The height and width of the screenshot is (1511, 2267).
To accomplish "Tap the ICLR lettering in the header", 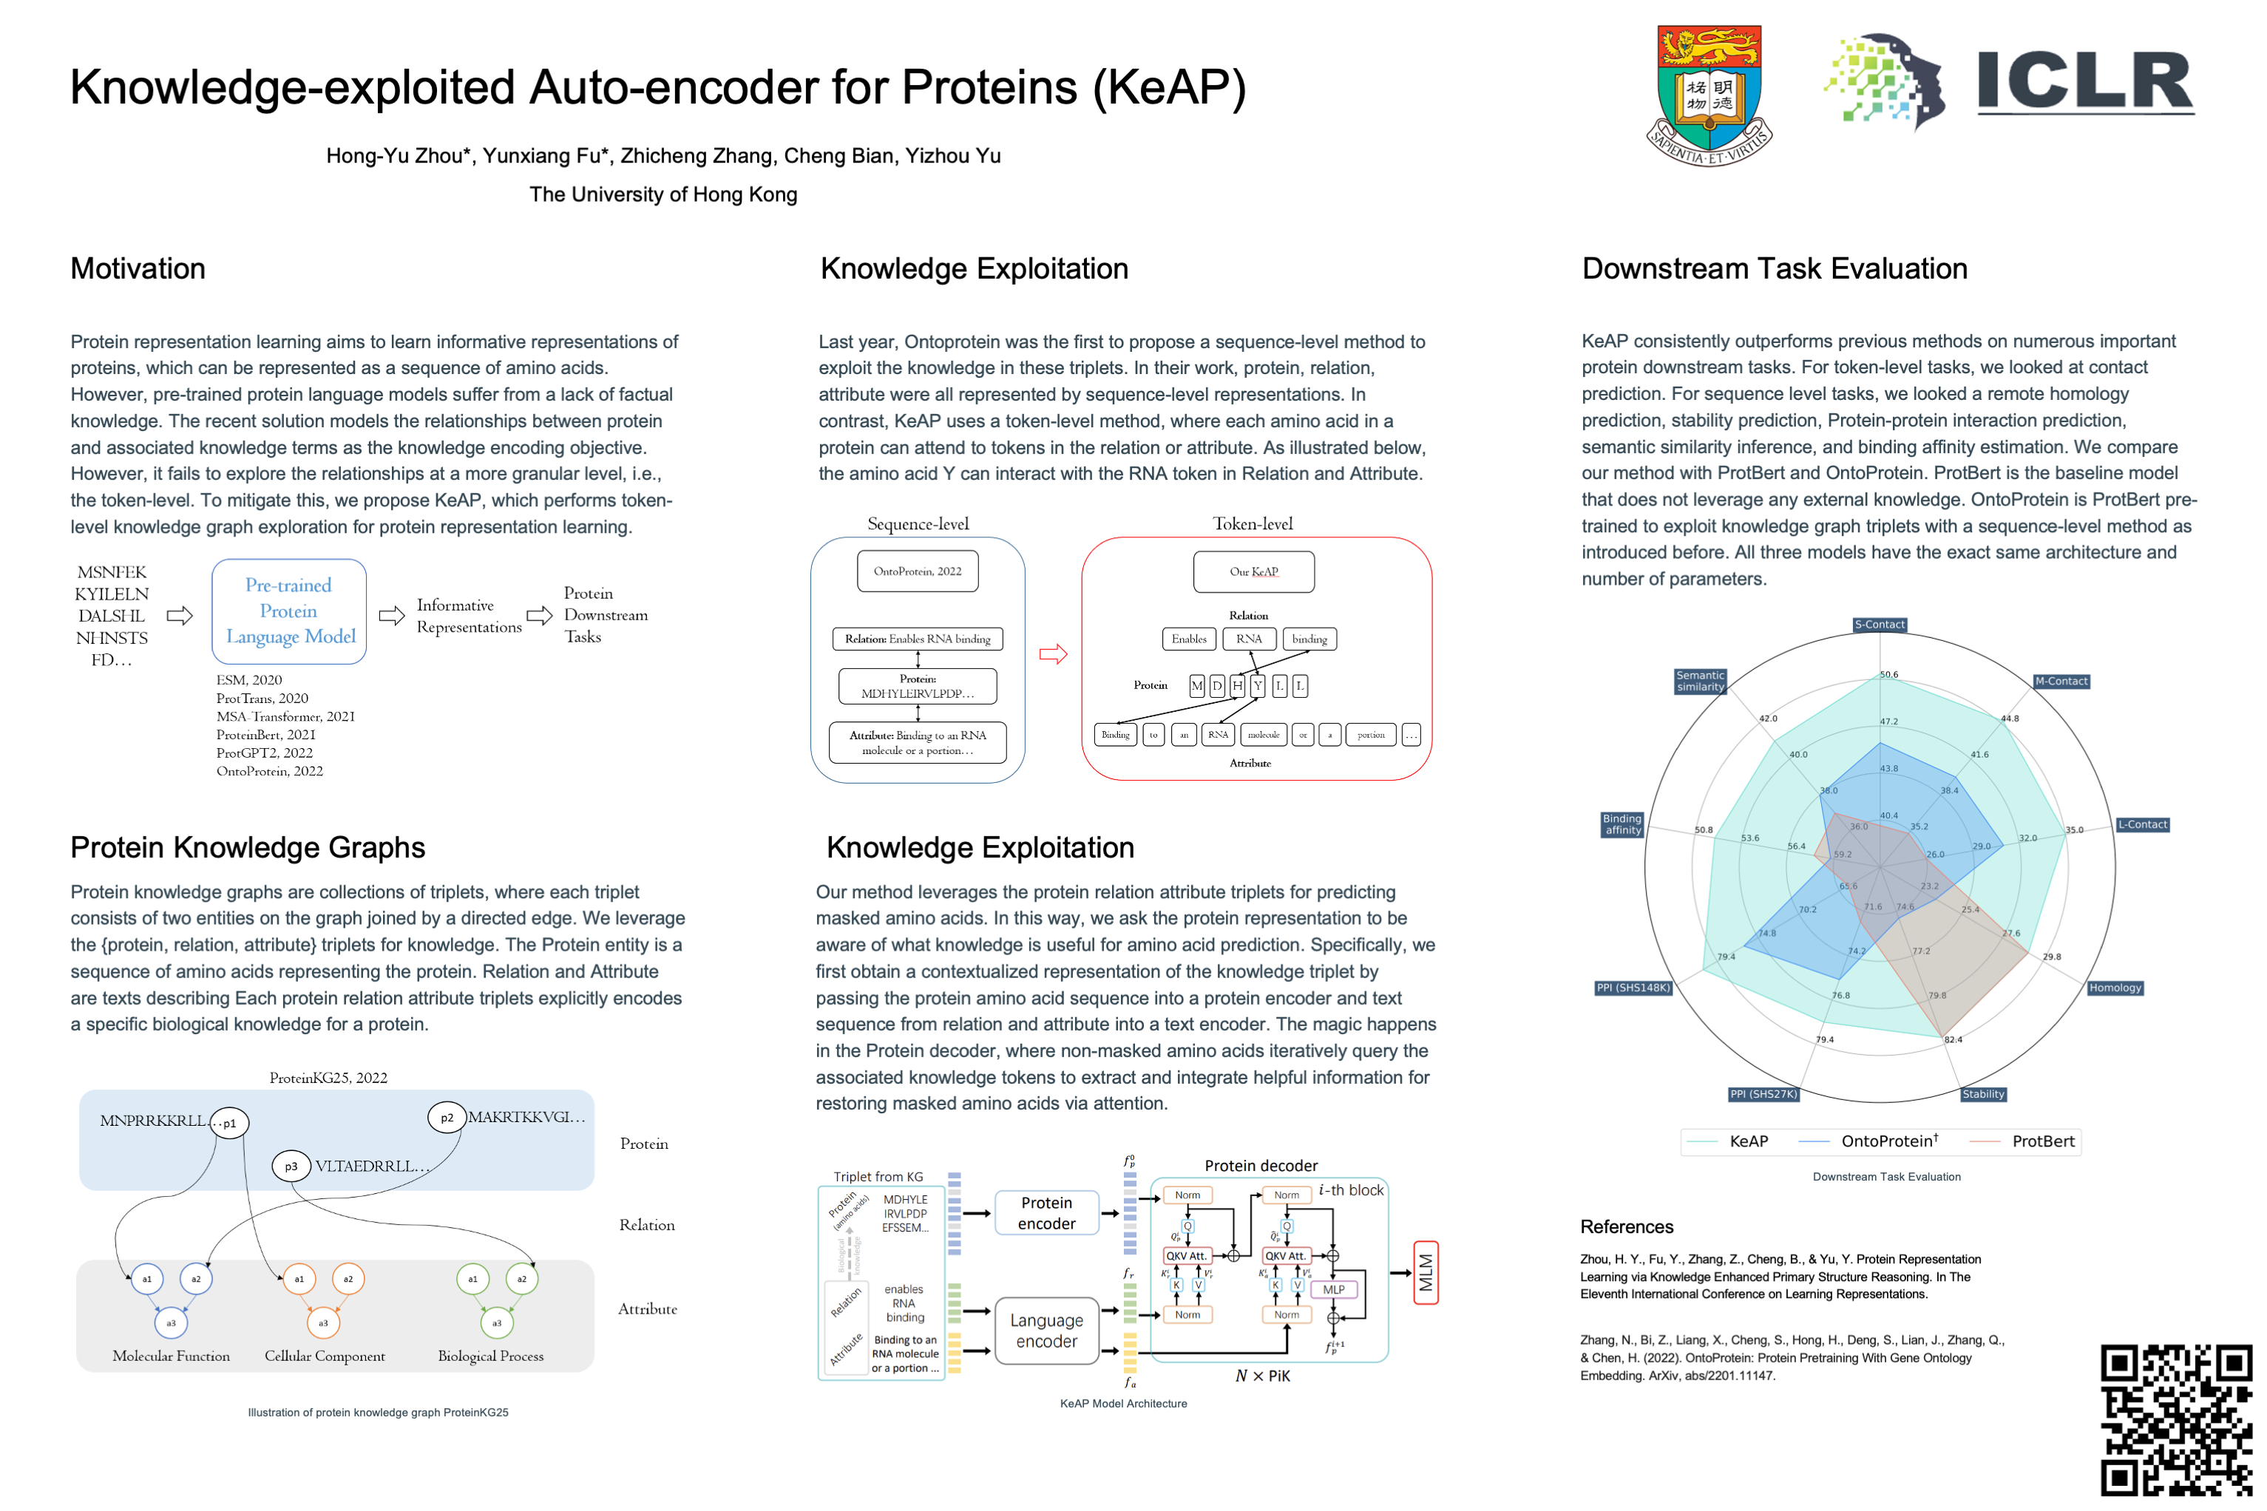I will (2086, 82).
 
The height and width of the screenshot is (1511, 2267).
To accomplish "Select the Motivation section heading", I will (138, 269).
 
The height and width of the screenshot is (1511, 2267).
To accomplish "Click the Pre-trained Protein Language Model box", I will (289, 611).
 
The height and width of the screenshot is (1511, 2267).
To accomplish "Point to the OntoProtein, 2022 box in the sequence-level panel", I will (917, 571).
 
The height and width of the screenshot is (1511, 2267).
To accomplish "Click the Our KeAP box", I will (1253, 571).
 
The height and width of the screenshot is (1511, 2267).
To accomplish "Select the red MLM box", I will (1426, 1273).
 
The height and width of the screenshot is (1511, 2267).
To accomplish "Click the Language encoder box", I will (1047, 1331).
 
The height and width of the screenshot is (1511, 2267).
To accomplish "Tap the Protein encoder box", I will (1047, 1213).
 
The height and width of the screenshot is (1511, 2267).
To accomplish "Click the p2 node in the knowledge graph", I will (447, 1118).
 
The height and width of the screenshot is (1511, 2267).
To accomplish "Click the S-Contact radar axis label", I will (1880, 625).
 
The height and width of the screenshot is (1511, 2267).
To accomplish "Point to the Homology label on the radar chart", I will (2115, 988).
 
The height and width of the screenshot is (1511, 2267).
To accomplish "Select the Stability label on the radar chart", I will (1982, 1094).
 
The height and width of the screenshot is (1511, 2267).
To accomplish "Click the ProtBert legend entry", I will (2042, 1141).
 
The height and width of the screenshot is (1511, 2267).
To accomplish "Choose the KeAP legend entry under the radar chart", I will (1747, 1141).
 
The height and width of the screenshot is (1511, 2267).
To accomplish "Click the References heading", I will (1626, 1226).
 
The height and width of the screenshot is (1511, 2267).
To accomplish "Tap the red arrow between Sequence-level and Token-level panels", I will (1053, 654).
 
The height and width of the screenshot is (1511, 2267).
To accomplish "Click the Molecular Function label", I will (171, 1356).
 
